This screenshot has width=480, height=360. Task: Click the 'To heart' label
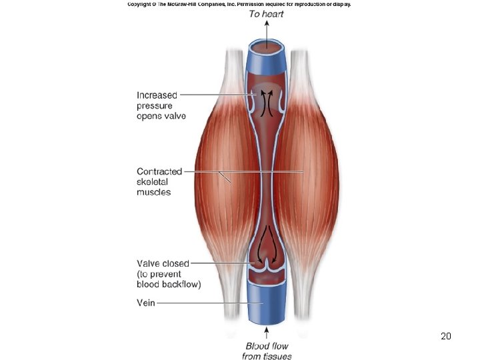pyautogui.click(x=267, y=13)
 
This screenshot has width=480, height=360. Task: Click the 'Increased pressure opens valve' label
pyautogui.click(x=161, y=105)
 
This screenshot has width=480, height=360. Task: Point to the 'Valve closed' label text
pyautogui.click(x=163, y=263)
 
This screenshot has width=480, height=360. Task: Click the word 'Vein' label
pyautogui.click(x=146, y=303)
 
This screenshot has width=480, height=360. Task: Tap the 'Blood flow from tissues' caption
pyautogui.click(x=267, y=351)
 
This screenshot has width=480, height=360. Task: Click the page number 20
pyautogui.click(x=446, y=336)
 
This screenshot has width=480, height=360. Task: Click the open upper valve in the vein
pyautogui.click(x=267, y=100)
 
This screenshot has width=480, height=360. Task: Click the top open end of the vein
pyautogui.click(x=267, y=47)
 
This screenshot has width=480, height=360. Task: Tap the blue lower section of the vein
pyautogui.click(x=267, y=303)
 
